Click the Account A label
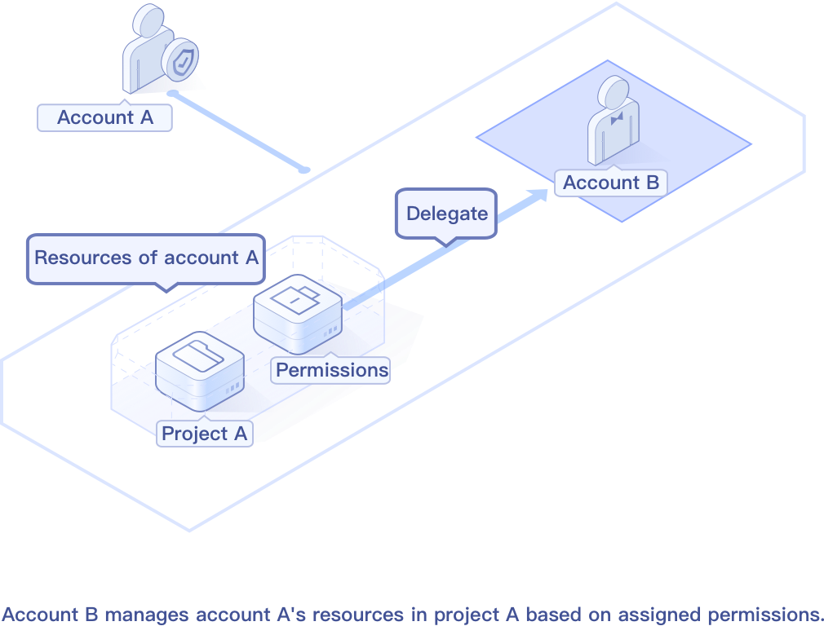tap(105, 117)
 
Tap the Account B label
tap(610, 183)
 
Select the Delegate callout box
tap(446, 214)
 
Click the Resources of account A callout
tap(146, 258)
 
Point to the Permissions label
tap(331, 370)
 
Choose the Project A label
tap(204, 434)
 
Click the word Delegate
tap(446, 214)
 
